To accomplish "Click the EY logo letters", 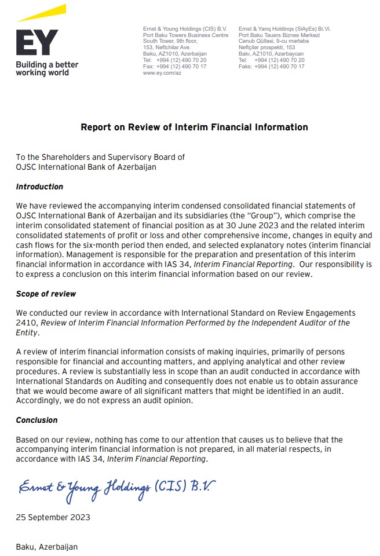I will (x=36, y=42).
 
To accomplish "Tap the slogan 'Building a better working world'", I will (x=46, y=68).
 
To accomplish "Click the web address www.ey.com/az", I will (x=162, y=73).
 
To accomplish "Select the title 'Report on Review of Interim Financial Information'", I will (x=194, y=127).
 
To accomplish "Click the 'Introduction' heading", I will (x=39, y=186).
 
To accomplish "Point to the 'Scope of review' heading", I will (x=46, y=294).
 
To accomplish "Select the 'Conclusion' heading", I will (x=36, y=420).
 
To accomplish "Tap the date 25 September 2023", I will (x=53, y=517).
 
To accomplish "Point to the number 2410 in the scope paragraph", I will (x=25, y=323).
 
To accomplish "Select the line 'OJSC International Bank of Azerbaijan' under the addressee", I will (x=86, y=167).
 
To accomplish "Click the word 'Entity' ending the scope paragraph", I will (x=27, y=333).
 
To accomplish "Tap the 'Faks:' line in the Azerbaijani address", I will (x=271, y=67).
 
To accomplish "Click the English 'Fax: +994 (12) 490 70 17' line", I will (x=174, y=67).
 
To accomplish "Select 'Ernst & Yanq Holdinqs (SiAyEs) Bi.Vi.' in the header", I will (x=284, y=28).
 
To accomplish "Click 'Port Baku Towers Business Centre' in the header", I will (x=185, y=35).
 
